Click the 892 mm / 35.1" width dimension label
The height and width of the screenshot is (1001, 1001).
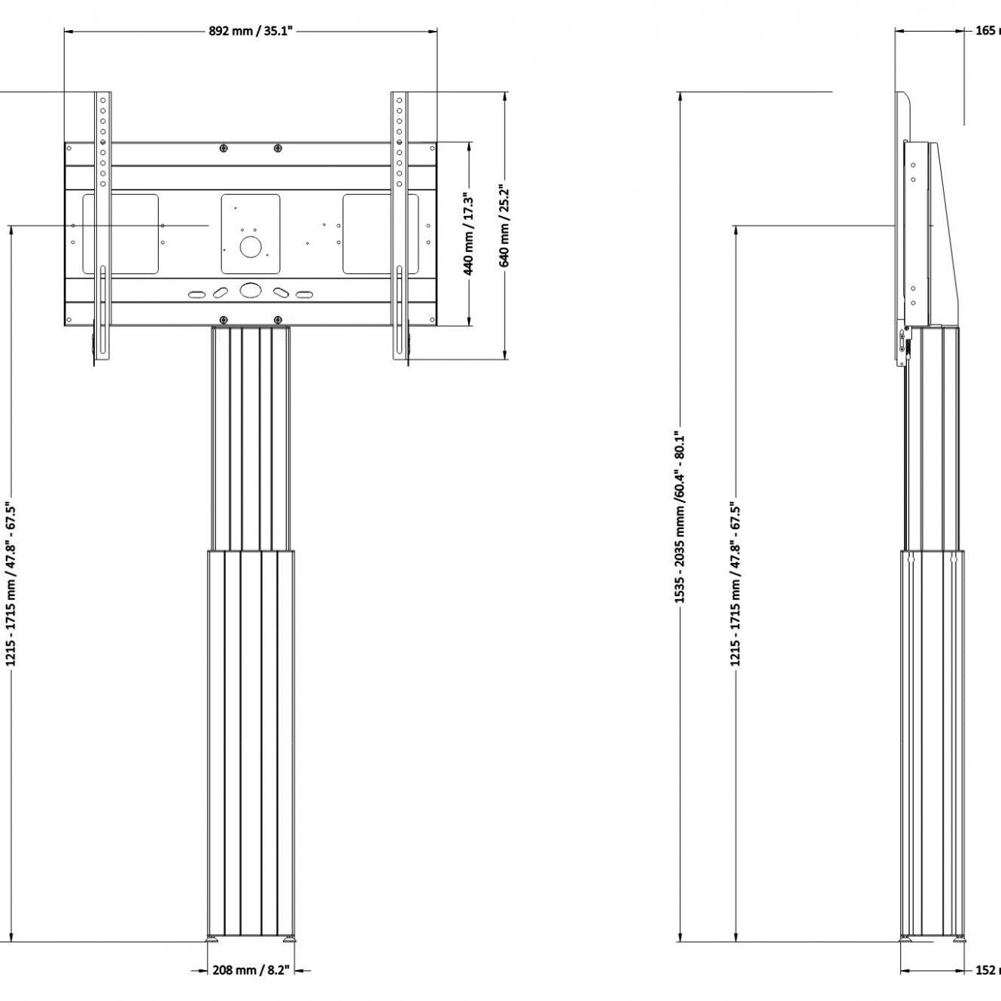[250, 31]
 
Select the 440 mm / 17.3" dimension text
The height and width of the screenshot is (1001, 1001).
[468, 235]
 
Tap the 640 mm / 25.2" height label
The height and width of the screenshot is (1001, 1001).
[505, 226]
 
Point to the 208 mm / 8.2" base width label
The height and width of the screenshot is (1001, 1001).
[251, 970]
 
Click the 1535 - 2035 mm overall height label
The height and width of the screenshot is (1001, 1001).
[680, 517]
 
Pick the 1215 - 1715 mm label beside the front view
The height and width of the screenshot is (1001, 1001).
[11, 584]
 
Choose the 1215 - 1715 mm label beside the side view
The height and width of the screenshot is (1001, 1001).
[735, 584]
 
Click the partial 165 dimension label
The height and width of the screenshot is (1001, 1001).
[987, 31]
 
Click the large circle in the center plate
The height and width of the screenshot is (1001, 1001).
[250, 247]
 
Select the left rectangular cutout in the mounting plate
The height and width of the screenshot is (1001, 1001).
[120, 233]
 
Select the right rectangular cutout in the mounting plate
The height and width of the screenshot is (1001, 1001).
[380, 233]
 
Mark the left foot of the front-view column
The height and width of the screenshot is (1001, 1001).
[213, 939]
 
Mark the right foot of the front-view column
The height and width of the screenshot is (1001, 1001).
[289, 939]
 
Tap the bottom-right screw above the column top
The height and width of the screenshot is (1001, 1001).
[278, 320]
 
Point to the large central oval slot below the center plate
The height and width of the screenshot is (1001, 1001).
[250, 290]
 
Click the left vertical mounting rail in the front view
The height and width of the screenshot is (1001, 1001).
[103, 226]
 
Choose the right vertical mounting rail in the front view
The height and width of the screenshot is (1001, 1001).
[399, 226]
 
